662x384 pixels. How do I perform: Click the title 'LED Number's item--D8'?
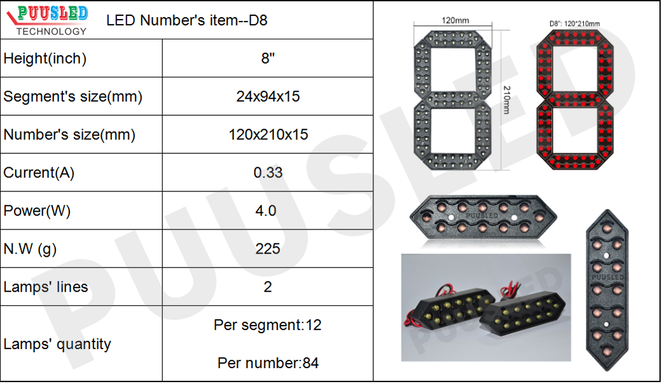click(x=187, y=20)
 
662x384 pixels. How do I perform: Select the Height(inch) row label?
click(x=45, y=58)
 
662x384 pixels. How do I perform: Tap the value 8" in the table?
click(x=268, y=58)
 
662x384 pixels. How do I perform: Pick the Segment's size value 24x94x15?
click(x=268, y=97)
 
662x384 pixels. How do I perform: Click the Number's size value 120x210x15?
click(x=268, y=135)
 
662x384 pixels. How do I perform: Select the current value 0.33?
click(x=268, y=173)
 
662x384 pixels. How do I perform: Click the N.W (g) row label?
click(x=30, y=249)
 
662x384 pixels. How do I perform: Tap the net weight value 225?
click(x=268, y=249)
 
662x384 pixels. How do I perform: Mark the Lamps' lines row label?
click(x=46, y=287)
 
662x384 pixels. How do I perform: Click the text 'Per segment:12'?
click(x=268, y=326)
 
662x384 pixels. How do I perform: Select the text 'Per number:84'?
click(x=268, y=364)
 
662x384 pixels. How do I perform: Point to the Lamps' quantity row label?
click(x=57, y=344)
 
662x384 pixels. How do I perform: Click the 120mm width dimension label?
click(x=454, y=20)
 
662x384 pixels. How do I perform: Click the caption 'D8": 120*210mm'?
click(x=574, y=24)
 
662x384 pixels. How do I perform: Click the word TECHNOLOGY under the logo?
click(x=52, y=31)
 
